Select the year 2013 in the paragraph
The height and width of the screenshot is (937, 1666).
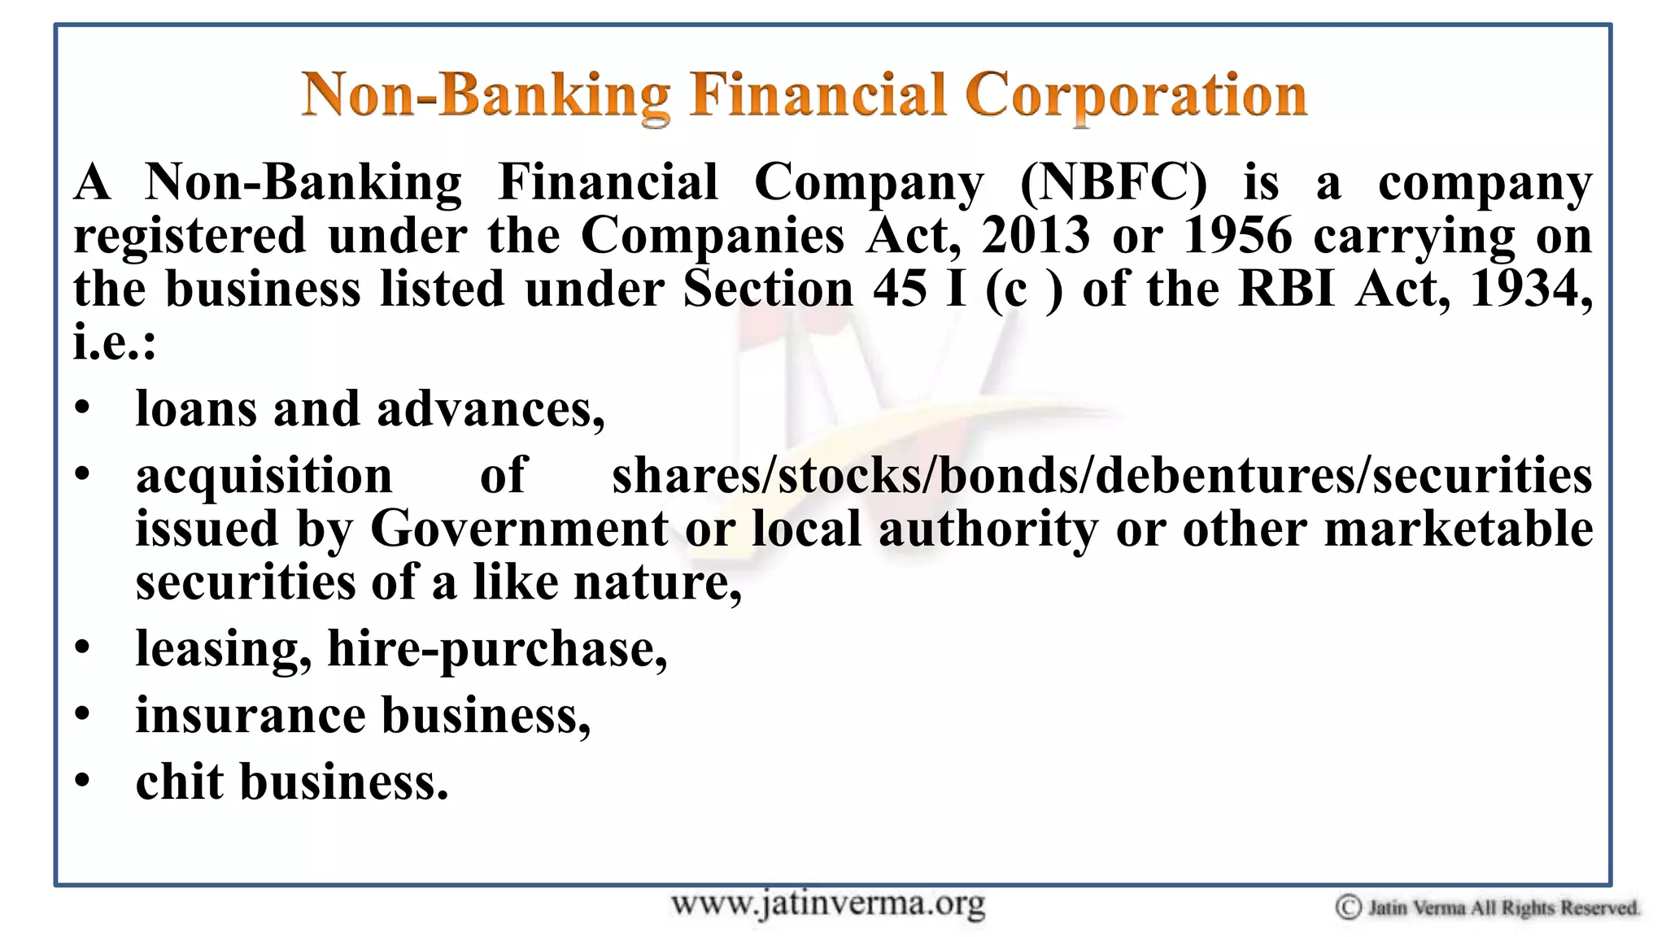(x=1035, y=236)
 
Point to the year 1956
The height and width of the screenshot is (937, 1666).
(x=1237, y=236)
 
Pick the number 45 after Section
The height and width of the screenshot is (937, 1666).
(x=900, y=289)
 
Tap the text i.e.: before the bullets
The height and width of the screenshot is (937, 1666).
(x=114, y=342)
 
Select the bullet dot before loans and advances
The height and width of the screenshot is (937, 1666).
(x=82, y=408)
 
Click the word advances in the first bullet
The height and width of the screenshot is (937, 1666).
(x=491, y=409)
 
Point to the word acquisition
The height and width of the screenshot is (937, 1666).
(x=264, y=476)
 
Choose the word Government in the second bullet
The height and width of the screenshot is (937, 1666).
(x=519, y=529)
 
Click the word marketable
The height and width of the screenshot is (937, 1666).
(x=1458, y=529)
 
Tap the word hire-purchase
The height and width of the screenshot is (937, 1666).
(x=497, y=649)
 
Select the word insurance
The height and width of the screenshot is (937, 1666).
(x=251, y=716)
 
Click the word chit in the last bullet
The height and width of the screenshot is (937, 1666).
(x=179, y=782)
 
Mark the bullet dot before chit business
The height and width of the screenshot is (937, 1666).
(x=82, y=781)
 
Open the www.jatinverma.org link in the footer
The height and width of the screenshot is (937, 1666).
(x=827, y=904)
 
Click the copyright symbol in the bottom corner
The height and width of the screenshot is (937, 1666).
(x=1348, y=907)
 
